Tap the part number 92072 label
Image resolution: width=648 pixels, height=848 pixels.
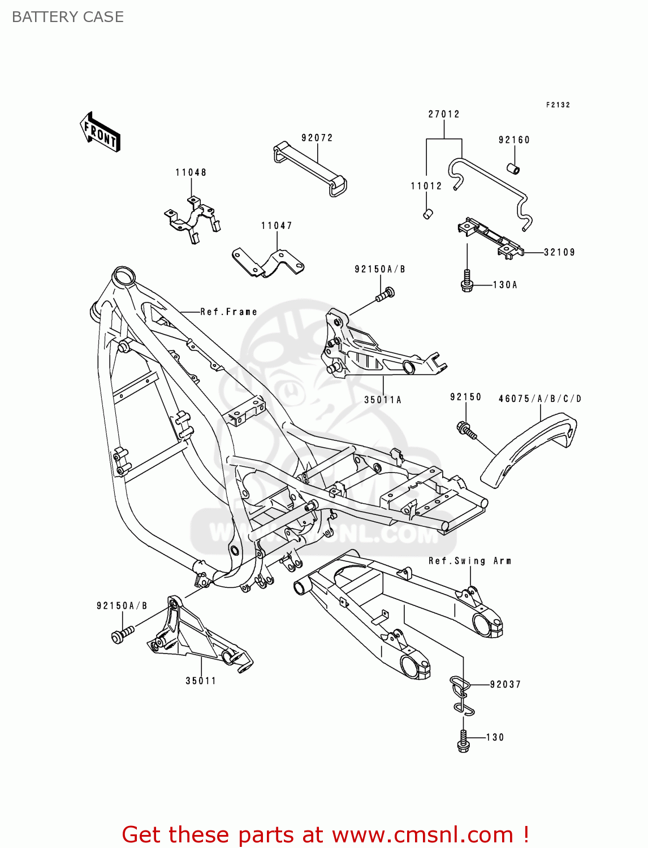click(x=317, y=138)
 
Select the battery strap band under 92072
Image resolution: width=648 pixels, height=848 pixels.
click(x=310, y=169)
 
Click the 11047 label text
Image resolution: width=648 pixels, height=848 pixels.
click(x=277, y=226)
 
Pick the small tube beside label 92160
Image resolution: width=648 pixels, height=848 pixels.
click(x=513, y=168)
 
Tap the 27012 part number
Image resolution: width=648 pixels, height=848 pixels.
click(x=444, y=114)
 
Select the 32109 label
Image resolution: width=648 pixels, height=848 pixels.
click(x=559, y=252)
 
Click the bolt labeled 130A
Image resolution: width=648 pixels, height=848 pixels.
click(x=466, y=280)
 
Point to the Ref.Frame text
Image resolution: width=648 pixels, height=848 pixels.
click(x=228, y=311)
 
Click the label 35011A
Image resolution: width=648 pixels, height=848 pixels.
click(x=383, y=400)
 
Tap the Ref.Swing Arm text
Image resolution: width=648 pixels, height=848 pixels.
click(x=470, y=561)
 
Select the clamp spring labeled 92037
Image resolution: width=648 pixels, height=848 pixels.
click(x=461, y=694)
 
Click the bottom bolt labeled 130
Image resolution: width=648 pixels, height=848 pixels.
click(x=463, y=741)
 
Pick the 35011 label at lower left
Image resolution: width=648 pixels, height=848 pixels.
click(x=201, y=681)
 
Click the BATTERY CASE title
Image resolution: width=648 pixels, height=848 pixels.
click(x=68, y=17)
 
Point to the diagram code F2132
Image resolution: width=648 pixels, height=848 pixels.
click(x=558, y=105)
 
